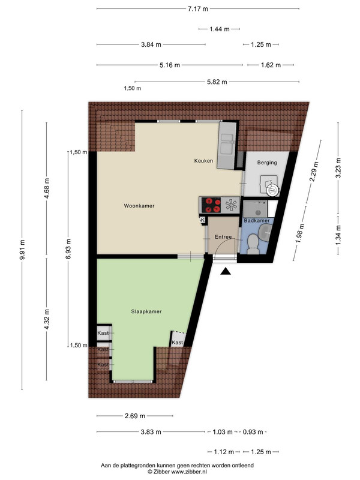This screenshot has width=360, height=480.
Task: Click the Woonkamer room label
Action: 139,206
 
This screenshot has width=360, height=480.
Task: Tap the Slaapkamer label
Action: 146,311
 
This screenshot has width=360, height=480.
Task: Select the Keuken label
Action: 203,161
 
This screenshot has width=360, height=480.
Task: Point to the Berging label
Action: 267,163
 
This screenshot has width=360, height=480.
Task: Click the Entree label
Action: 223,237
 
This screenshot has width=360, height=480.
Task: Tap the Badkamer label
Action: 257,220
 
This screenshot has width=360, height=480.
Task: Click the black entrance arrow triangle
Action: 226,271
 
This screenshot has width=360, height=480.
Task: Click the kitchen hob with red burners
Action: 213,205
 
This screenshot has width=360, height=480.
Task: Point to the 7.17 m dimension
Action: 198,8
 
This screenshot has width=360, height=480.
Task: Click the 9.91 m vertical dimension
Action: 22,250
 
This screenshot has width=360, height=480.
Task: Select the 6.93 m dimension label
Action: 68,249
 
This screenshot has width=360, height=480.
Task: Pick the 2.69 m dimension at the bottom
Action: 135,416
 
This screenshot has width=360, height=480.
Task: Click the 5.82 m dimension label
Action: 217,82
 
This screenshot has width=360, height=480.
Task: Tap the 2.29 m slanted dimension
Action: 314,172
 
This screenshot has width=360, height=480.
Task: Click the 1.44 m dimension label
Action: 220,29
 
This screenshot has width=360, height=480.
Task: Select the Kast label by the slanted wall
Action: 177,343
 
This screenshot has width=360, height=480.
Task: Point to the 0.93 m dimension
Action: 253,432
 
